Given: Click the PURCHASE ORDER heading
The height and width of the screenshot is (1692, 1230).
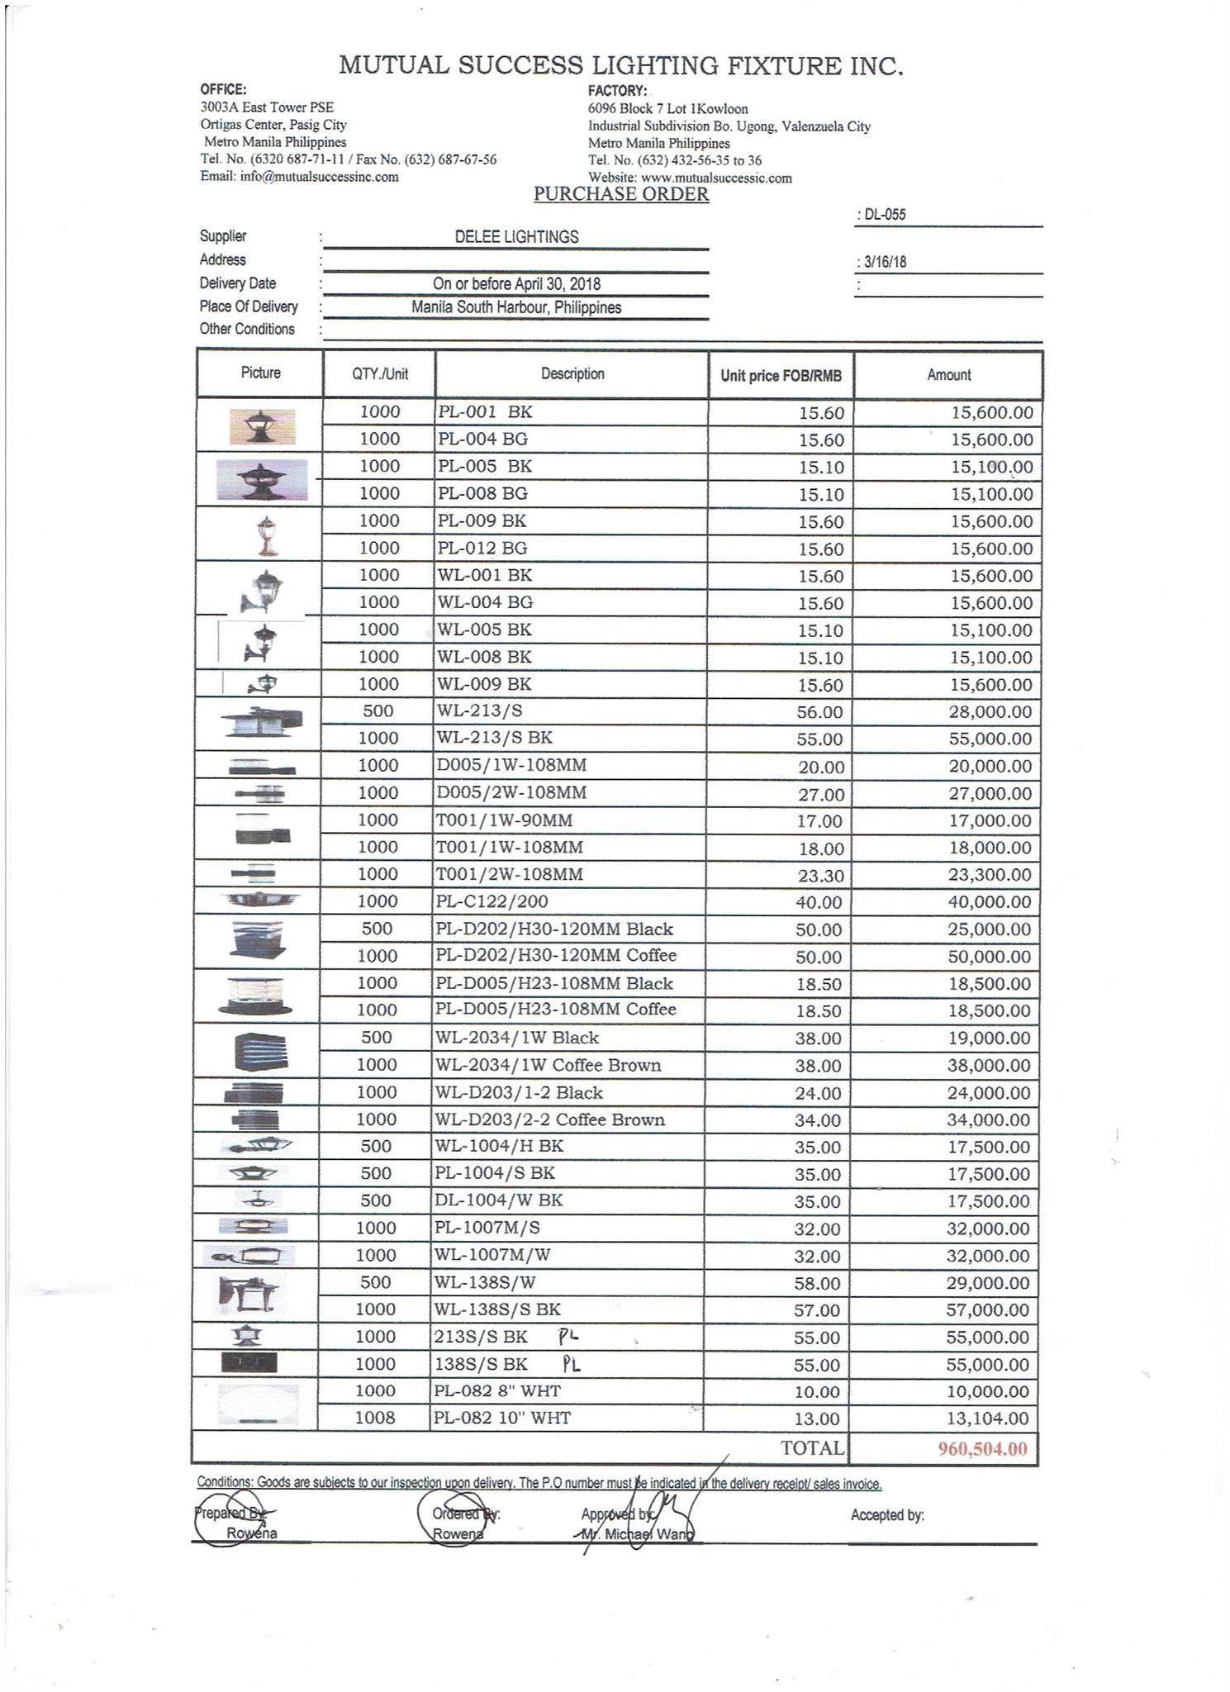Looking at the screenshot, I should click(620, 194).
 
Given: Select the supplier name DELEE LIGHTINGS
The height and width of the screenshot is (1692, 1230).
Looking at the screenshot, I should click(516, 237).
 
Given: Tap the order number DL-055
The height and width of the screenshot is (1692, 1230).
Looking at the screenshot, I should click(884, 215).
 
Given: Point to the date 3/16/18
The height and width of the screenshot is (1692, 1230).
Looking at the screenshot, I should click(884, 263).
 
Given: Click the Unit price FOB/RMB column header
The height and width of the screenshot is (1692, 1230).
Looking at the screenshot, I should click(781, 376).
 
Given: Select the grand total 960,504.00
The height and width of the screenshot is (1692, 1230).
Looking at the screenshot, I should click(982, 1448).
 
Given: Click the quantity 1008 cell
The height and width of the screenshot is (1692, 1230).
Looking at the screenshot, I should click(375, 1418).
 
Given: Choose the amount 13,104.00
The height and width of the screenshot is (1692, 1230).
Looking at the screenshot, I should click(989, 1419).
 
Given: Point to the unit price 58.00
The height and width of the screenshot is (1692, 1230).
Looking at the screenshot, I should click(817, 1283).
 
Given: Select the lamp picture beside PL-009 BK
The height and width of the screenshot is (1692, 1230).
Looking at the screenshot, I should click(266, 535).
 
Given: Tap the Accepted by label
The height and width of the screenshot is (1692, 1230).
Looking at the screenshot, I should click(887, 1515).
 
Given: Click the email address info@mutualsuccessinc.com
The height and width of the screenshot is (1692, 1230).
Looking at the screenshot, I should click(300, 177).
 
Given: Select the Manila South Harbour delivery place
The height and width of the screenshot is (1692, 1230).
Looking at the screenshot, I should click(516, 308).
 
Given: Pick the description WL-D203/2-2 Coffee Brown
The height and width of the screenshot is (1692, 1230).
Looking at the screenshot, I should click(549, 1120).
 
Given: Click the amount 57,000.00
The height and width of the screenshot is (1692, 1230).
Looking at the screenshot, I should click(989, 1310).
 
